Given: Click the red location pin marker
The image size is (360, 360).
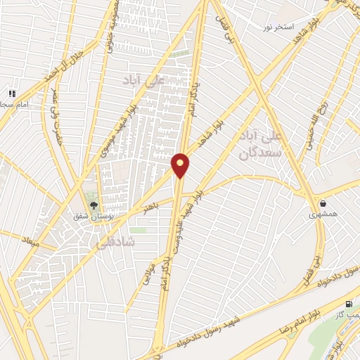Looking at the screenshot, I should point(180,165).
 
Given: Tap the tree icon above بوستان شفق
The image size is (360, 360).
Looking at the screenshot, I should point(94,205).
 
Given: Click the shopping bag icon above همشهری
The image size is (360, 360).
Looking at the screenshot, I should point(323,204).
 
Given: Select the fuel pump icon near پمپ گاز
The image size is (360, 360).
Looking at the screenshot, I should point(349,304).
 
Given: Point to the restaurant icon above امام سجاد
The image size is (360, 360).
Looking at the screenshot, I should point(11,94).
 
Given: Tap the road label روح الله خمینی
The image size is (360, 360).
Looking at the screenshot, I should point(314,128).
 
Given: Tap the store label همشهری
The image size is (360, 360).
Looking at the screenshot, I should point(323,215).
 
